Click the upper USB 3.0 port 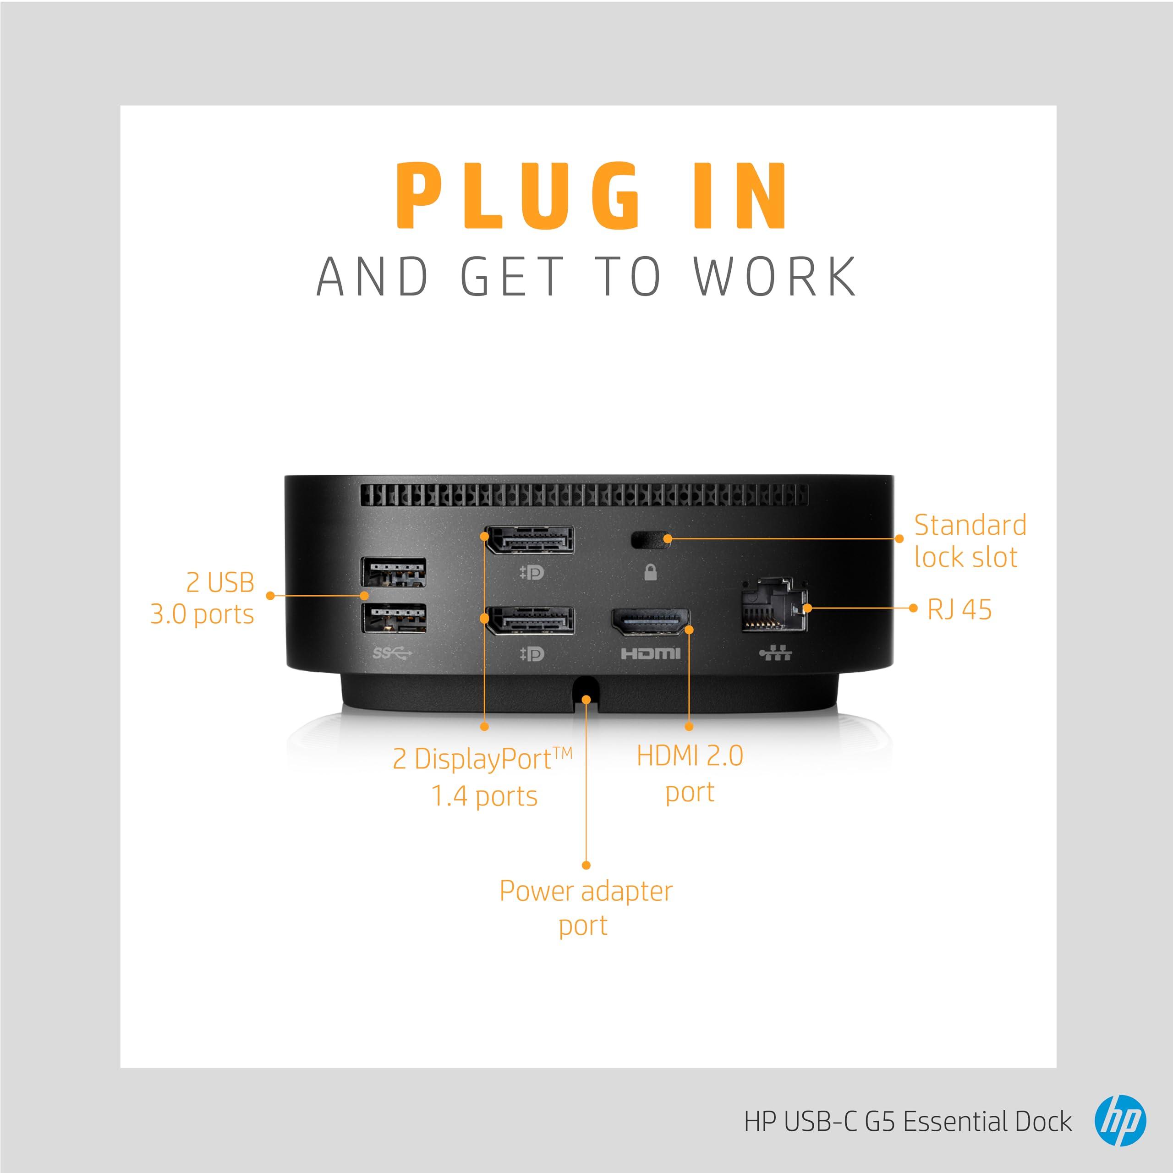394,572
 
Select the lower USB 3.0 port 394,618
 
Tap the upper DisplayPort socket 530,540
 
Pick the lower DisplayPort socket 530,620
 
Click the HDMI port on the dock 650,622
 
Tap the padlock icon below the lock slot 650,572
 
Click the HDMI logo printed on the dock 650,653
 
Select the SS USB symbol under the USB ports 392,653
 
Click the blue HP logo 1120,1121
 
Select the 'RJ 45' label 959,609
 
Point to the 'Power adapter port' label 585,908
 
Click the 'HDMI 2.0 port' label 690,774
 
